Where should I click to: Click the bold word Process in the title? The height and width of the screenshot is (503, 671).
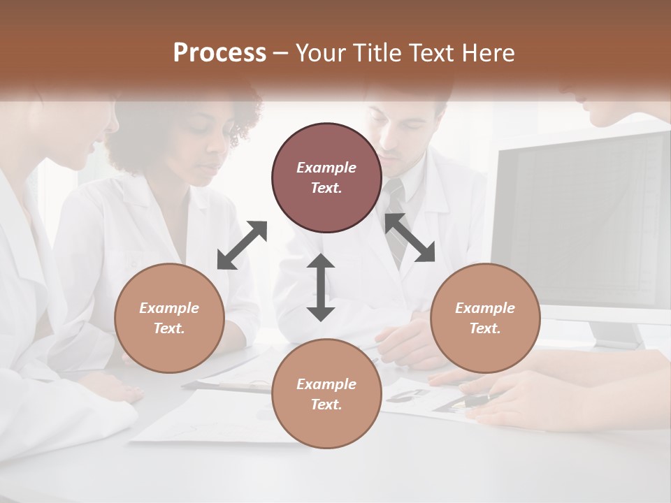(x=219, y=53)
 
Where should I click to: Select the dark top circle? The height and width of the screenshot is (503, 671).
(x=326, y=178)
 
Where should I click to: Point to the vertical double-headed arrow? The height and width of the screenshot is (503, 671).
(x=321, y=287)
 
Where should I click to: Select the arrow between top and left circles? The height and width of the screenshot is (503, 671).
(x=242, y=245)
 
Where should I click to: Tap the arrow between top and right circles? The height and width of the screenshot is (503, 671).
(x=410, y=238)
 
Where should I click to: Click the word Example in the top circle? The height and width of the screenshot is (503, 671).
(x=326, y=168)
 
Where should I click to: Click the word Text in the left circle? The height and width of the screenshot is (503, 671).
(x=169, y=328)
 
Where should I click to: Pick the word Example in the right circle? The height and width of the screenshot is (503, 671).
(x=485, y=308)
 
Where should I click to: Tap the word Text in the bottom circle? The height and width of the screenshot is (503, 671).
(x=326, y=404)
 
